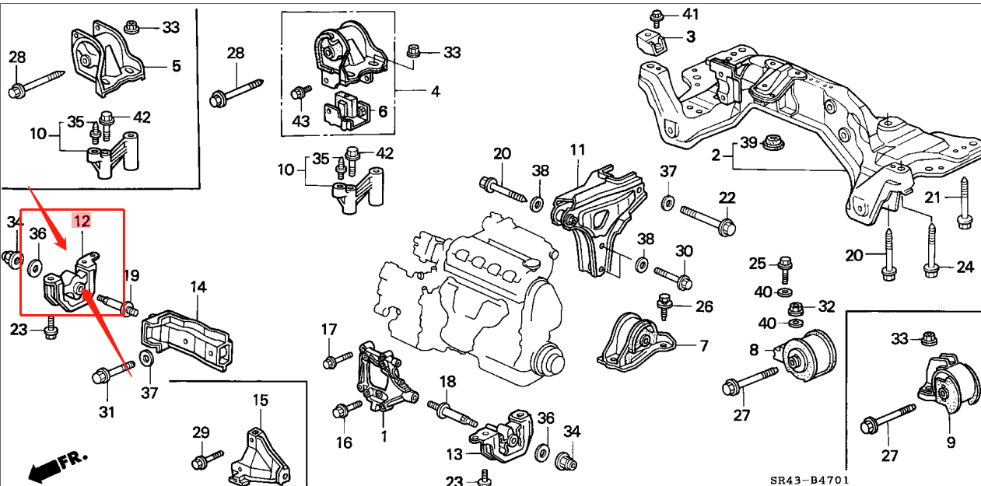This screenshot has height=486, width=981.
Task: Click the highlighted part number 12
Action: pos(82,221)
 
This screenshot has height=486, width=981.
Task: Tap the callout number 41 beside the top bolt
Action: pos(690,13)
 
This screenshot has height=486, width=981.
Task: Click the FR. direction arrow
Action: pos(58,465)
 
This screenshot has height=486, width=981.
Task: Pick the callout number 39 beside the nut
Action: pos(748,142)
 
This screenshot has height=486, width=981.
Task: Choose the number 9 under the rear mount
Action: pos(950,444)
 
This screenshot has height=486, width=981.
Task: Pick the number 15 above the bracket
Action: pos(260,400)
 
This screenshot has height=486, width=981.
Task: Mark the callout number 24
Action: pos(965,267)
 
